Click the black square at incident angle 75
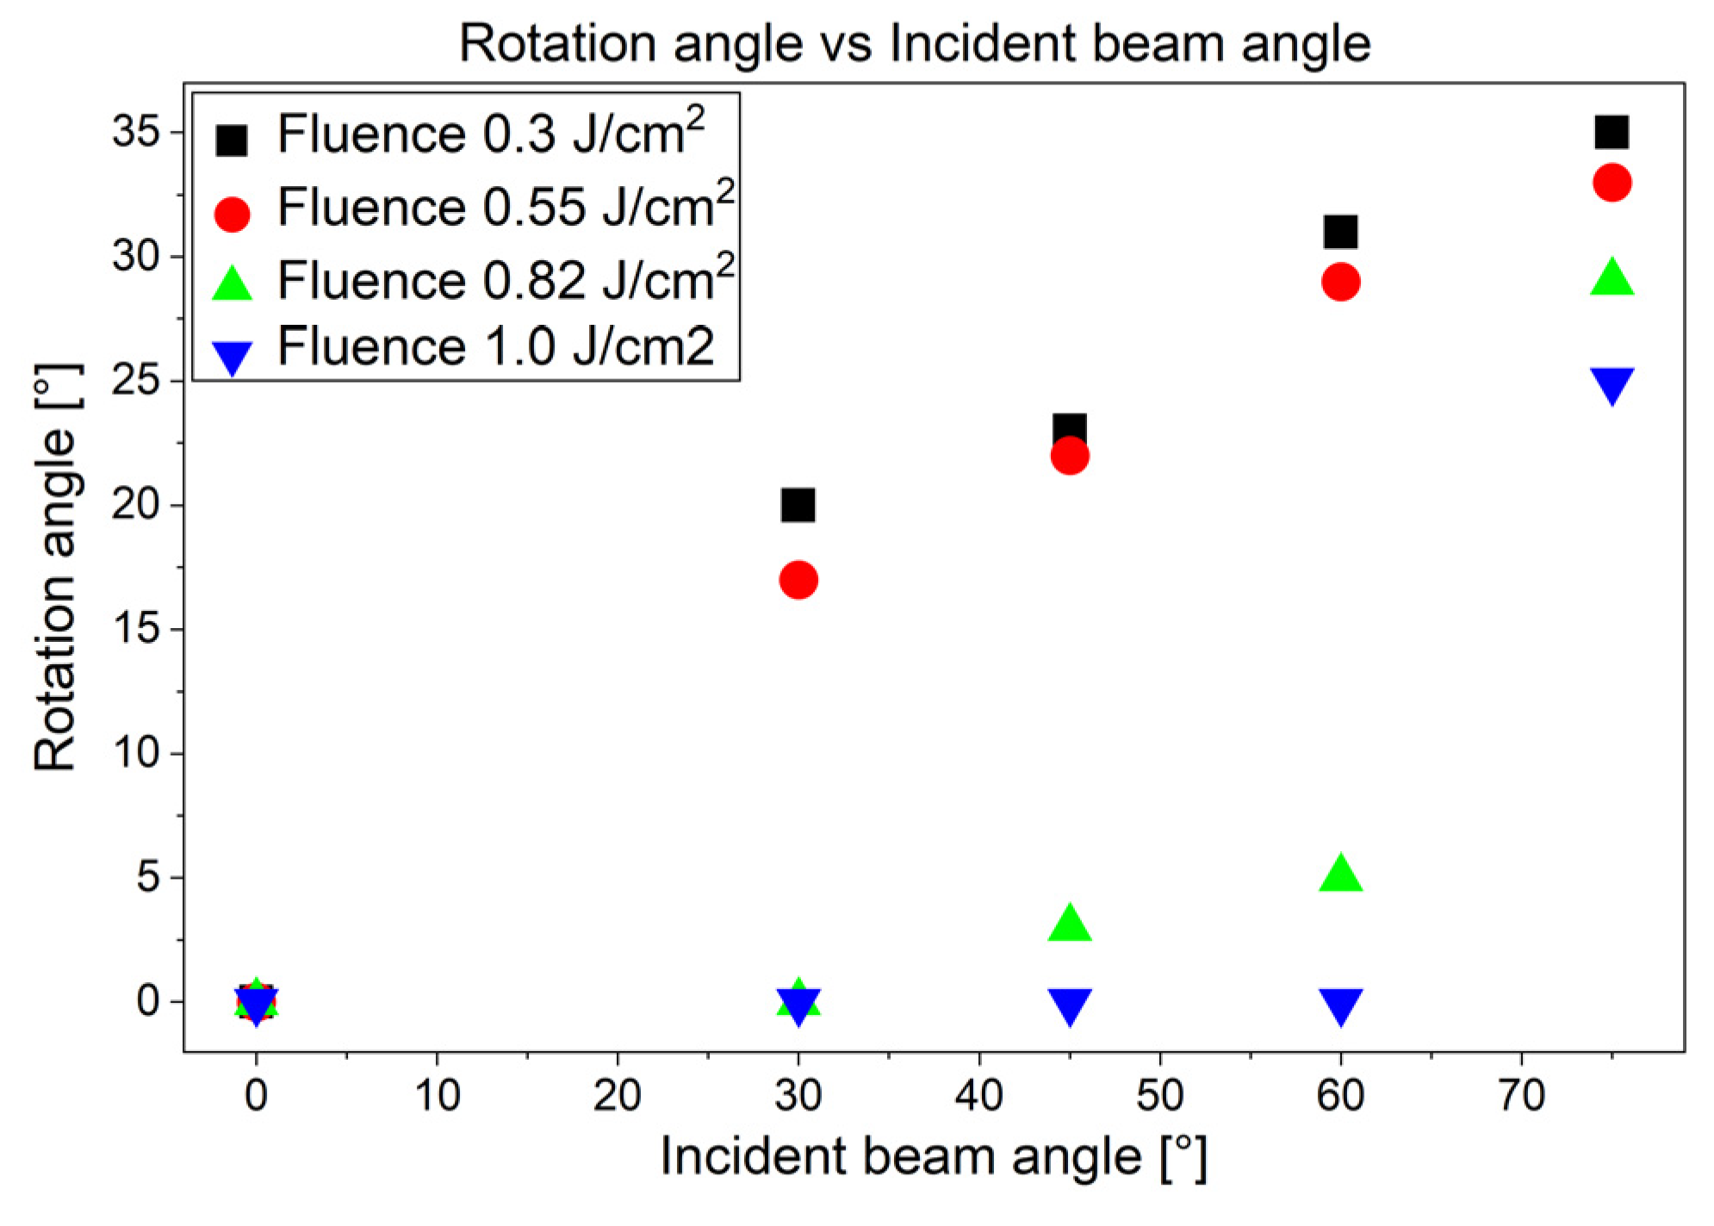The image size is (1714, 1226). coord(1612,133)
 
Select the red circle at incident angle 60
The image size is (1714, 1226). coord(1340,282)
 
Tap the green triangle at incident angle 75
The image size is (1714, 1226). coord(1612,277)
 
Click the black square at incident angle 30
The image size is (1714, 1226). coord(798,505)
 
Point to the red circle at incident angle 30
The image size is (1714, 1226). coord(798,580)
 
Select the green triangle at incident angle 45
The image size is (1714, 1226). coord(1070,923)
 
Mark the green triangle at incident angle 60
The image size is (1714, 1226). coord(1340,874)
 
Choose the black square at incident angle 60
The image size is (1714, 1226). coord(1340,232)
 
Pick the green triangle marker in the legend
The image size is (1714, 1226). coord(233,283)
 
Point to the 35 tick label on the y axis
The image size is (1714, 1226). coord(136,133)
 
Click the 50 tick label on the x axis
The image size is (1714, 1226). coord(1159,1095)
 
